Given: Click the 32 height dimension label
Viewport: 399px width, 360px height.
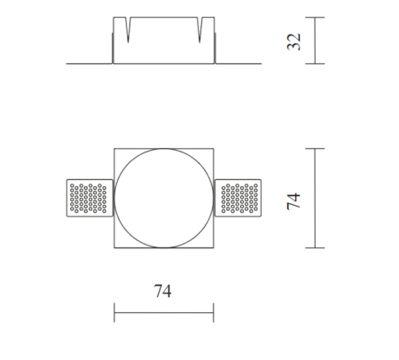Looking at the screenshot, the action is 293,42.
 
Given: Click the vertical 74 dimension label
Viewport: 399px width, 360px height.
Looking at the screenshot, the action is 293,201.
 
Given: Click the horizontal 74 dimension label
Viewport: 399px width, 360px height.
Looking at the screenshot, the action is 162,291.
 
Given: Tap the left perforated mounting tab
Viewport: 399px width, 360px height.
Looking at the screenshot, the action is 90,198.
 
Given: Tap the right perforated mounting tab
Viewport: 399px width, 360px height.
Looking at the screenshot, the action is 238,198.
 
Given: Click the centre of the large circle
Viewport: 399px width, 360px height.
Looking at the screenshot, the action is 164,198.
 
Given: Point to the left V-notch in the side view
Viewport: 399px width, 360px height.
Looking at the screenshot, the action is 128,29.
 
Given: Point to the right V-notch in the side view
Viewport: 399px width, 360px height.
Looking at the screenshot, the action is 199,29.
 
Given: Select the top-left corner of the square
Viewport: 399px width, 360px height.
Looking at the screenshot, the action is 114,148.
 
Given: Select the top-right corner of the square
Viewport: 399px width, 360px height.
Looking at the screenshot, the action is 214,148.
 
